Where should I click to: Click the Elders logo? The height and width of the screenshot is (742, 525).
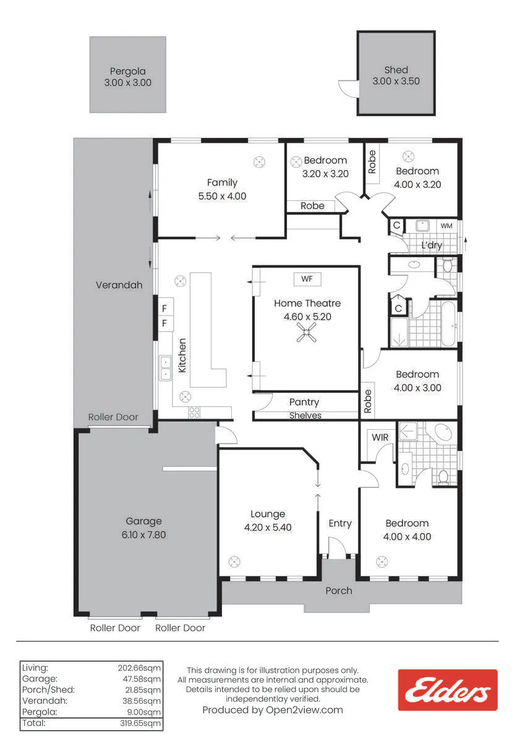[x=448, y=690]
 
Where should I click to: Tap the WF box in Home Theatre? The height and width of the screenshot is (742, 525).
[x=307, y=279]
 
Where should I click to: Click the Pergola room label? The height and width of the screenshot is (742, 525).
[x=128, y=71]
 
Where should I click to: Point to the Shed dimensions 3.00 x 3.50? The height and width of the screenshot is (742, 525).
[x=396, y=81]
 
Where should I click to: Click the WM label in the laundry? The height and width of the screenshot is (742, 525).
[x=446, y=226]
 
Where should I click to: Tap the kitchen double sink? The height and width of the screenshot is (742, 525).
[x=165, y=368]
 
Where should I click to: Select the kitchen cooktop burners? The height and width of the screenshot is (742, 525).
[x=194, y=413]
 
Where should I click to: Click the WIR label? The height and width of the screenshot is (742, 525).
[x=380, y=437]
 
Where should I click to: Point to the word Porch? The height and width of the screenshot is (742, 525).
[x=338, y=591]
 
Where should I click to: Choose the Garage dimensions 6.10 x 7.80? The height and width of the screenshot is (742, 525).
[x=143, y=535]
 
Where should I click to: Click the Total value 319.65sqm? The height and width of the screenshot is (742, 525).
[x=140, y=723]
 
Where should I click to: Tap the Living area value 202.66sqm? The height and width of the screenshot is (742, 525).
[x=139, y=668]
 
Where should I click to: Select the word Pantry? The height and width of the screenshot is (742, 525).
[x=304, y=403]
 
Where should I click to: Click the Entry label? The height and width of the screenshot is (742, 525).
[x=340, y=524]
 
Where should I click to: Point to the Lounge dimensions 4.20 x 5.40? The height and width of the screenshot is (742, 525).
[x=268, y=527]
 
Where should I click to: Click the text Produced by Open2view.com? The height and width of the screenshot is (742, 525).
[x=273, y=710]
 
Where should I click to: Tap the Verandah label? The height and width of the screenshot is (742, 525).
[x=119, y=285]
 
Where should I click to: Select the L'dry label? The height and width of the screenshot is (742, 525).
[x=432, y=245]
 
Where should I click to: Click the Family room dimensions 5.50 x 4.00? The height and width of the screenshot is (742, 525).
[x=222, y=196]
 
